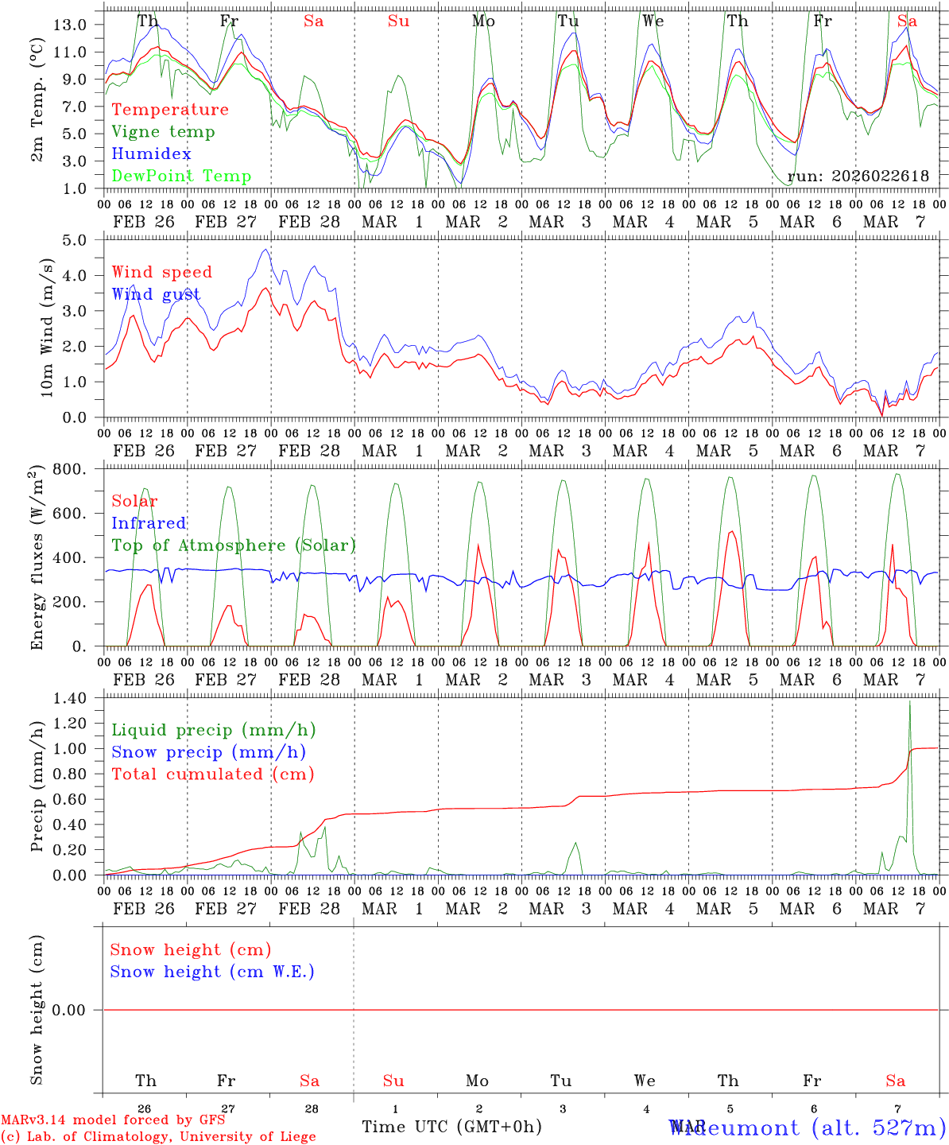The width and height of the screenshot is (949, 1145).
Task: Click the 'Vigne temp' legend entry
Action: pos(163,132)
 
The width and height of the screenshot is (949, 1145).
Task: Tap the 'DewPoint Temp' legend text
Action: pos(181,177)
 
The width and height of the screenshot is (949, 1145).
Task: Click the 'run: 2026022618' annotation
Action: pos(858,177)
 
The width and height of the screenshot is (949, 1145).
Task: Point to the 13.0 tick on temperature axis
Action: pos(71,25)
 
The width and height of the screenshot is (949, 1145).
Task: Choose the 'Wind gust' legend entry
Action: pos(156,295)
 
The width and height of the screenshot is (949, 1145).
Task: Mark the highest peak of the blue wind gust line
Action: pos(265,250)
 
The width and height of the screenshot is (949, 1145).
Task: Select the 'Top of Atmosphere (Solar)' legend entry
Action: pos(234,545)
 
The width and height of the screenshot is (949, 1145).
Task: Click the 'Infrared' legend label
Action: pos(149,523)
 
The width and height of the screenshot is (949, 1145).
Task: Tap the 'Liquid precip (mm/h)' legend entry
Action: pos(214,730)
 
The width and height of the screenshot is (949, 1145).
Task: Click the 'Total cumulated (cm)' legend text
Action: pos(213,774)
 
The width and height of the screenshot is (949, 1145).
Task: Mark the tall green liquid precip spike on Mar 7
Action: pos(909,701)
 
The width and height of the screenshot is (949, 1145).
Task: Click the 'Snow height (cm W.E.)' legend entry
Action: pos(212,972)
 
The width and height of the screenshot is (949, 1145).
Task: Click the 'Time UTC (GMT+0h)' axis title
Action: pos(451,1127)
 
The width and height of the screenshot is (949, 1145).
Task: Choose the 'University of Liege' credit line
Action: pos(159,1137)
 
